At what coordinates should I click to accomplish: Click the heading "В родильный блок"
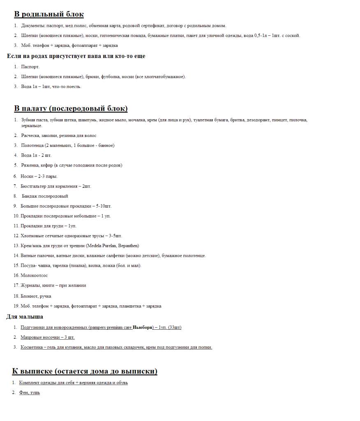(x=49, y=14)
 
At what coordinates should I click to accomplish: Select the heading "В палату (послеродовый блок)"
(x=71, y=109)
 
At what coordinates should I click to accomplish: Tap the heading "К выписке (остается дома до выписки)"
(x=84, y=371)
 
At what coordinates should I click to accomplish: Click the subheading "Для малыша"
(x=25, y=317)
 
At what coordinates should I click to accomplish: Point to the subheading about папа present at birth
(x=76, y=56)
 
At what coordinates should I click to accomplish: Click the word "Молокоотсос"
(x=34, y=275)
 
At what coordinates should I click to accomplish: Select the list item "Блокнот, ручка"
(x=36, y=296)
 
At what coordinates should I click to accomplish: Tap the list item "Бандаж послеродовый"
(x=45, y=196)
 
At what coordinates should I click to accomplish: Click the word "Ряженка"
(x=30, y=165)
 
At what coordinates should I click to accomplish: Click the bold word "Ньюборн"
(x=143, y=327)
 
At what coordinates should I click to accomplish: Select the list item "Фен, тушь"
(x=30, y=393)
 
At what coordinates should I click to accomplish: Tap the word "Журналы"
(x=29, y=285)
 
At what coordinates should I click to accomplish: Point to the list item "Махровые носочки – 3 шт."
(x=48, y=337)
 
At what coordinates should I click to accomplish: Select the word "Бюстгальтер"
(x=33, y=186)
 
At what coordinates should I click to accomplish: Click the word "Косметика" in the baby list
(x=31, y=347)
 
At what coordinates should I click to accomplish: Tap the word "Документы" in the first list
(x=33, y=25)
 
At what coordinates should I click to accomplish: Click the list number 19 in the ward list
(x=16, y=306)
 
